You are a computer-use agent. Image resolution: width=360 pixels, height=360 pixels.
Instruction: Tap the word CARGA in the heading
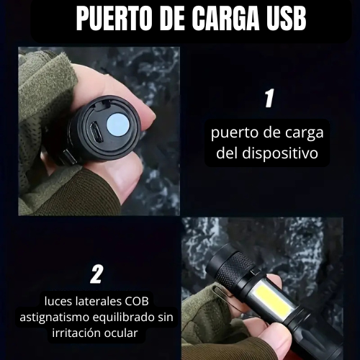coord(227,19)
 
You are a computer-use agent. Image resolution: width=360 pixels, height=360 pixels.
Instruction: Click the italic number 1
coord(269,98)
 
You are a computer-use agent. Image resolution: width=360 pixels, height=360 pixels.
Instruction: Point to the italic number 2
coord(96,274)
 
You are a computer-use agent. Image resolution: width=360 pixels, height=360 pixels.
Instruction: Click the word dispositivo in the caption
coord(280,153)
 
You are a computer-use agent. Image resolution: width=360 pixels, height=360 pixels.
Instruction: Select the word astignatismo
coord(55,318)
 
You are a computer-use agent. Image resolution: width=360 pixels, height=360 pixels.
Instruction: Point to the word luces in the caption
coord(58,301)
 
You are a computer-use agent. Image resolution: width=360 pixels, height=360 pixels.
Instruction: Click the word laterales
coord(99,301)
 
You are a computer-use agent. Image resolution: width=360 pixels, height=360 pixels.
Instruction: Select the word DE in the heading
coord(171,19)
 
